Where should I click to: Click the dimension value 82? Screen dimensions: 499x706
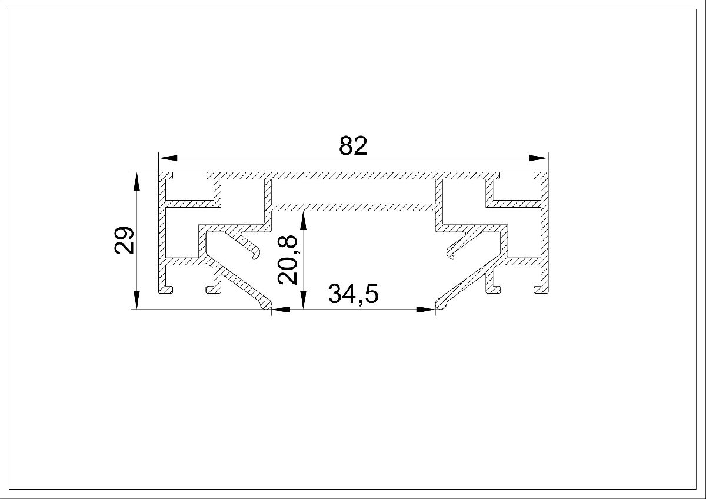tap(353, 145)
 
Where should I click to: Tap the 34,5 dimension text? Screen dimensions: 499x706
tap(353, 294)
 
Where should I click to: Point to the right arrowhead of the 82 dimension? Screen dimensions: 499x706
tap(538, 158)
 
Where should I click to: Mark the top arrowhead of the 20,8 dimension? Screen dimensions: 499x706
tap(303, 221)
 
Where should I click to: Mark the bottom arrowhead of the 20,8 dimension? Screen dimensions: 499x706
tap(303, 300)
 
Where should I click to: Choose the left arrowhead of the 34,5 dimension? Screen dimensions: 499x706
tap(279, 309)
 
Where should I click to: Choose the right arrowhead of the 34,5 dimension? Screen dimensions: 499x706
tap(425, 309)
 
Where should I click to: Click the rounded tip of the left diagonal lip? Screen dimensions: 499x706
tap(267, 304)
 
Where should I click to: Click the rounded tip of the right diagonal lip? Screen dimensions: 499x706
tap(440, 304)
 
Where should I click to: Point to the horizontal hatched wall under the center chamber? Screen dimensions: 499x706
tap(353, 207)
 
